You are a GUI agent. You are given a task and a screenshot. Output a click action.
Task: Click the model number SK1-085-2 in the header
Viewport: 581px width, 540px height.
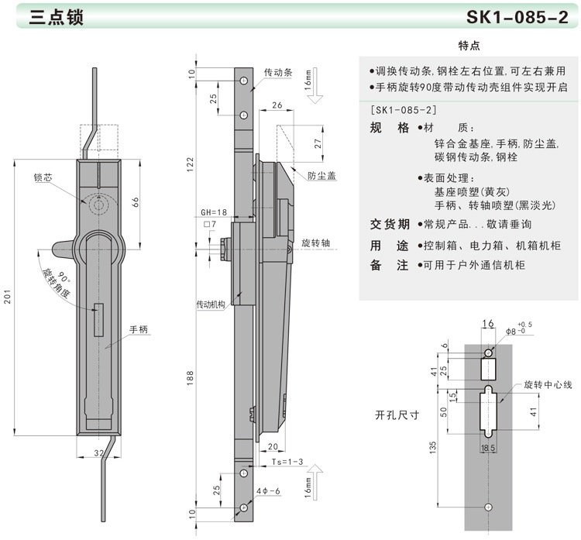pos(517,18)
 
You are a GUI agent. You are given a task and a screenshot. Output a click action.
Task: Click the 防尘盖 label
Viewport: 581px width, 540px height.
pos(321,176)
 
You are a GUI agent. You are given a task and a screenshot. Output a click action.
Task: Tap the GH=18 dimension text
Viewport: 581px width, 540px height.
pos(214,212)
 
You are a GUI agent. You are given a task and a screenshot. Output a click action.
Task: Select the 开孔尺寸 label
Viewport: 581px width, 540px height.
pos(397,414)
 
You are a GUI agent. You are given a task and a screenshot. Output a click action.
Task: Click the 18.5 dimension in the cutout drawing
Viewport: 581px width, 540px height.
pos(487,449)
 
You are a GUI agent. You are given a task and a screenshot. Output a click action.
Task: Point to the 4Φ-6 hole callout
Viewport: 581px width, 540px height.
pos(267,490)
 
